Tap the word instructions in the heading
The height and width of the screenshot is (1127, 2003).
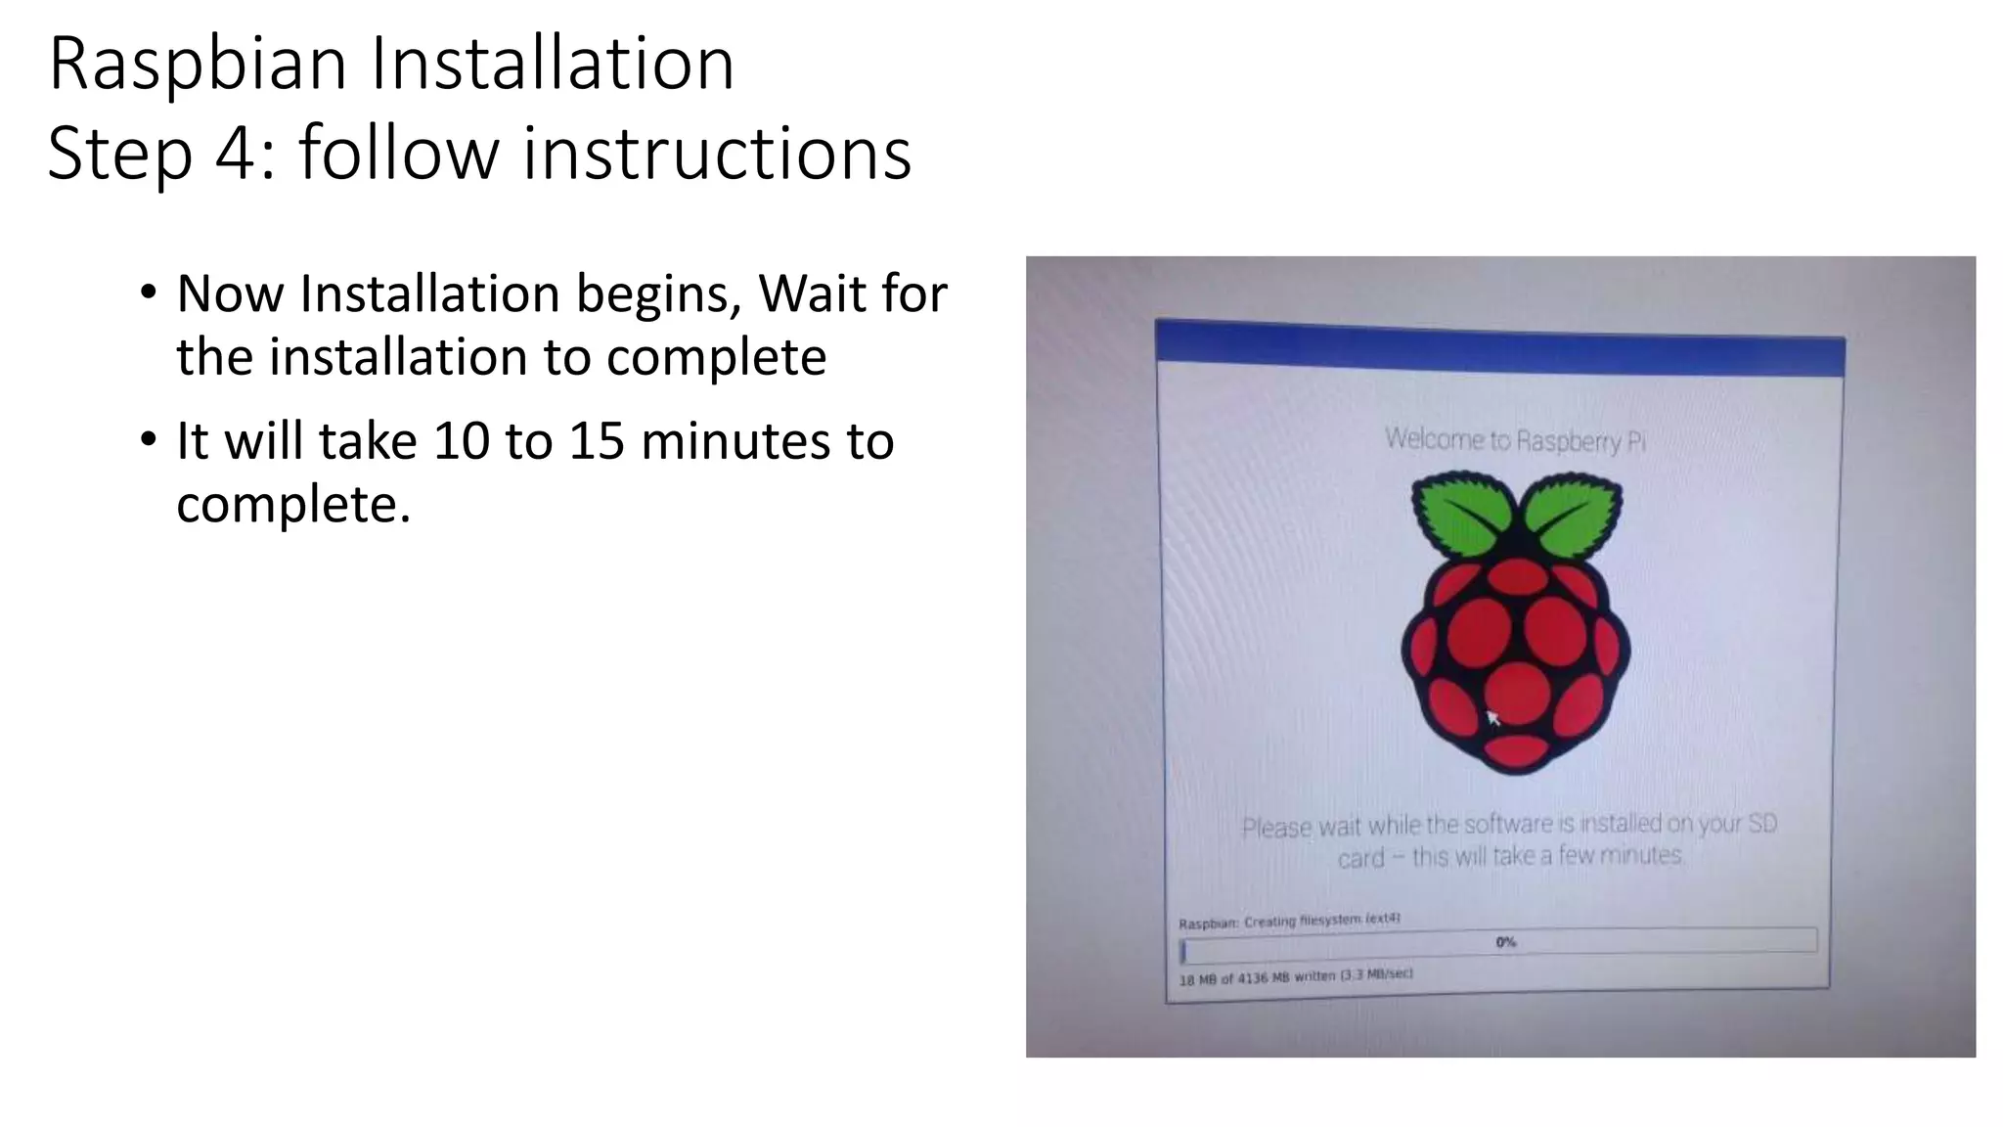click(716, 154)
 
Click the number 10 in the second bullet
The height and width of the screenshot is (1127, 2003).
click(461, 441)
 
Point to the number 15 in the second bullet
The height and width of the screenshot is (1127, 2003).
click(597, 441)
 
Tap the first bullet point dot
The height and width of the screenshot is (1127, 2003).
click(148, 293)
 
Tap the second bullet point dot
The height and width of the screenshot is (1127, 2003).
click(148, 440)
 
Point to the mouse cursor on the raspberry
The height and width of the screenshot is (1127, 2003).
click(1492, 718)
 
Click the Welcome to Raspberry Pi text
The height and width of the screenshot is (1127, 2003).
click(1515, 440)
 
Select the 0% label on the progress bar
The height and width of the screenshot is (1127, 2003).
click(1505, 942)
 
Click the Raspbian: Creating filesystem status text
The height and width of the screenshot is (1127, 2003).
click(1289, 921)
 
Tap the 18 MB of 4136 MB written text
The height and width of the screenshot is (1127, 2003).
click(1295, 976)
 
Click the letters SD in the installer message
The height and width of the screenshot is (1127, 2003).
click(1761, 823)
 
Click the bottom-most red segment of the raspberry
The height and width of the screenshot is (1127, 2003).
click(1516, 750)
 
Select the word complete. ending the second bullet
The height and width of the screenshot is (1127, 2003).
click(293, 505)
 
